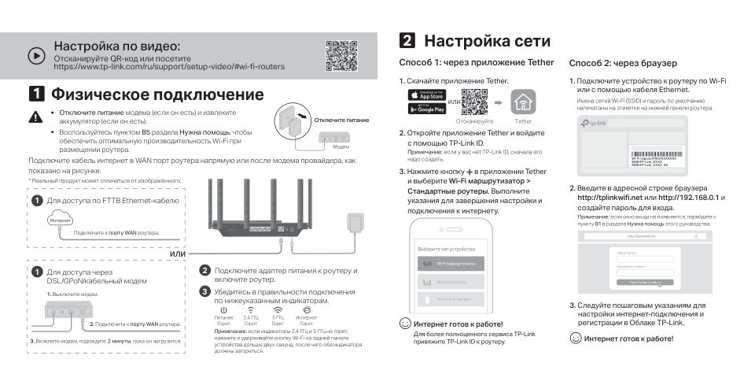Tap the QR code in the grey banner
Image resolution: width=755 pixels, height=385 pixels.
click(x=342, y=55)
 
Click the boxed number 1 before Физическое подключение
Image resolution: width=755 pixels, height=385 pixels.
click(x=37, y=95)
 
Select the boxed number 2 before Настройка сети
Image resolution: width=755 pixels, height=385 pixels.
click(x=407, y=41)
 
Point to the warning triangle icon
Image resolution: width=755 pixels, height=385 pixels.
click(x=35, y=117)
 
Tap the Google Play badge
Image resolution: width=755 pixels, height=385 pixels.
click(x=426, y=109)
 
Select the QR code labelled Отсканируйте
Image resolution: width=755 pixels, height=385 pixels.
click(x=474, y=102)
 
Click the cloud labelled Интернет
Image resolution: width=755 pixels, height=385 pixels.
click(x=61, y=221)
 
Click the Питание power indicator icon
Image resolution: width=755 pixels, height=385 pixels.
click(x=223, y=310)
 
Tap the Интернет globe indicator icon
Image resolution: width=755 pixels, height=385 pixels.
click(x=306, y=310)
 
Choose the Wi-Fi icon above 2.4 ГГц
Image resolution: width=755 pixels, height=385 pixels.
click(x=251, y=310)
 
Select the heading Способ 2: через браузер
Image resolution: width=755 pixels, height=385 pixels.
click(x=623, y=63)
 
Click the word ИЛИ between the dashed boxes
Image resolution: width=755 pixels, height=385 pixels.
click(x=178, y=254)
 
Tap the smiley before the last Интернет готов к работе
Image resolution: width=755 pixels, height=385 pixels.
click(x=576, y=338)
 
